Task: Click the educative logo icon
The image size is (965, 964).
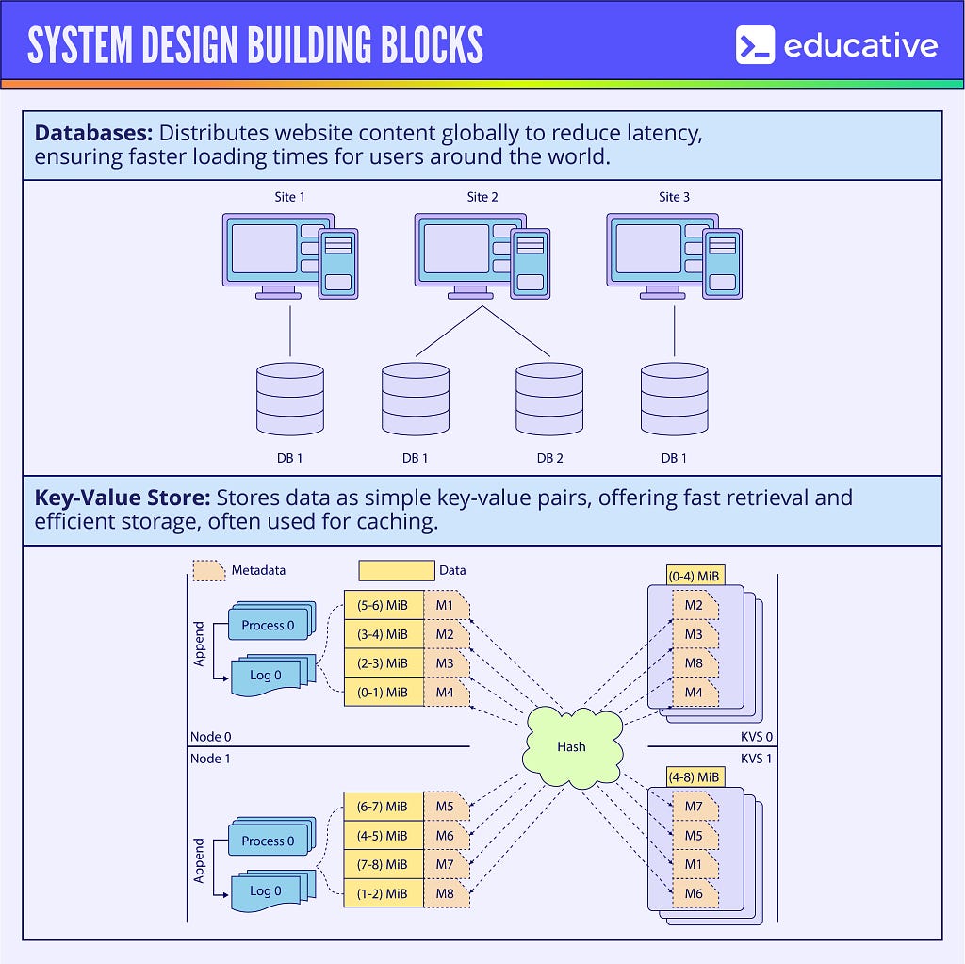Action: click(755, 45)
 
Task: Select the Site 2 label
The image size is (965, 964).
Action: click(482, 197)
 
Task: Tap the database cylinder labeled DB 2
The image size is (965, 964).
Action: click(549, 399)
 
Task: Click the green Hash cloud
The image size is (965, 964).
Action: click(571, 745)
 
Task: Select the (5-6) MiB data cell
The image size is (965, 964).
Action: click(384, 606)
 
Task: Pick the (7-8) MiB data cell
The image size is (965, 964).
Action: click(384, 864)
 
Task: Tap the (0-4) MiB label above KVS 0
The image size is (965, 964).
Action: click(695, 575)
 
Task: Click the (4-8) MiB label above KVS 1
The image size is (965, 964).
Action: click(695, 777)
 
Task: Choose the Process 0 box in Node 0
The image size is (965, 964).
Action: click(268, 625)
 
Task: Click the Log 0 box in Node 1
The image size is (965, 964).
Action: click(266, 891)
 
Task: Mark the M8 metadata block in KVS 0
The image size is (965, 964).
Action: click(695, 663)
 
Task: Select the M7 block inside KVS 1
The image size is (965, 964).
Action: click(695, 807)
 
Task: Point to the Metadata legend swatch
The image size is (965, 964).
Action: click(209, 571)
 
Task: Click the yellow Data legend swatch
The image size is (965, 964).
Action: click(396, 570)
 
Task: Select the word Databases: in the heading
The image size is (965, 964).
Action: click(93, 133)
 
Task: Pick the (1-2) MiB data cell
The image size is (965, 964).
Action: click(384, 893)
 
